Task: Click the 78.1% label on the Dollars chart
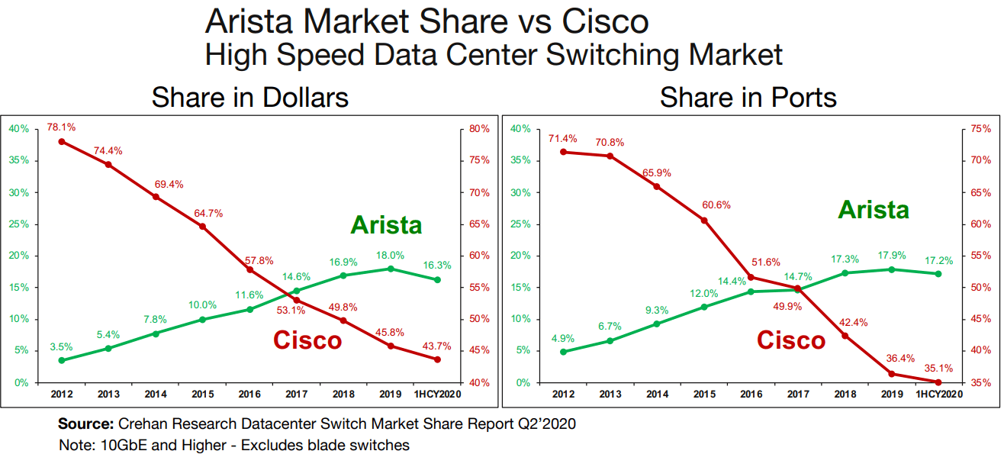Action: (61, 127)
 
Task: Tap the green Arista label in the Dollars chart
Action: (386, 225)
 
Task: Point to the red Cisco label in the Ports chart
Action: (791, 340)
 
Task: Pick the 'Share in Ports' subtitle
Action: (748, 98)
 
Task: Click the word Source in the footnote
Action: (86, 424)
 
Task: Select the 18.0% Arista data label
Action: (390, 256)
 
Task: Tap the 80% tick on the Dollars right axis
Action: (479, 129)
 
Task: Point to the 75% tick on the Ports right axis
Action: (982, 129)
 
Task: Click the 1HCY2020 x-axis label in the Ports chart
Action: (938, 394)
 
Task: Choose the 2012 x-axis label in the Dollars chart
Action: (61, 394)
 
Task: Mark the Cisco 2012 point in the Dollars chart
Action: (61, 141)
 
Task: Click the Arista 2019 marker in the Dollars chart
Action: (391, 269)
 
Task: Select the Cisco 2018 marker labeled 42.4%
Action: (845, 336)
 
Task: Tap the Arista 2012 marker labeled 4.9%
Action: (563, 352)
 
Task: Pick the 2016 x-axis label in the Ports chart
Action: (751, 394)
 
